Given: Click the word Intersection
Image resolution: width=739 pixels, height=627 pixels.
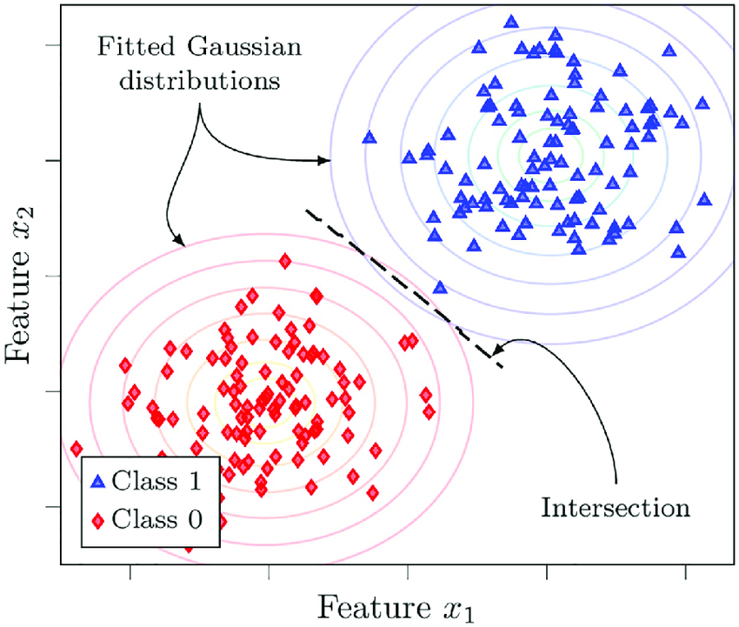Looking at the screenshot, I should [616, 506].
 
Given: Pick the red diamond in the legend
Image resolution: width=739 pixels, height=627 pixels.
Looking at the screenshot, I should [99, 521].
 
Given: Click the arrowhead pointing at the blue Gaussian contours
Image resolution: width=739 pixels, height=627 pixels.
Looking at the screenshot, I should [325, 160].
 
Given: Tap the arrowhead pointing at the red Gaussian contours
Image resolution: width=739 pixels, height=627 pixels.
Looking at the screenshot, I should [176, 240].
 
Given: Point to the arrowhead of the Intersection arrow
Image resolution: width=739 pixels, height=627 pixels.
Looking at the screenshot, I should [494, 353].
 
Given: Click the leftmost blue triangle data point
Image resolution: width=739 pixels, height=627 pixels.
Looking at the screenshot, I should [369, 137].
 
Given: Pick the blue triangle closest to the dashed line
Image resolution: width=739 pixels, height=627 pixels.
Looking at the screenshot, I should [440, 287].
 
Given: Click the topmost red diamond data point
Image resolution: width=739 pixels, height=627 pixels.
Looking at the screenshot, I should [284, 260].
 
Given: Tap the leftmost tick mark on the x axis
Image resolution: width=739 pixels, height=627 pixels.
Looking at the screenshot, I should [130, 570].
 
